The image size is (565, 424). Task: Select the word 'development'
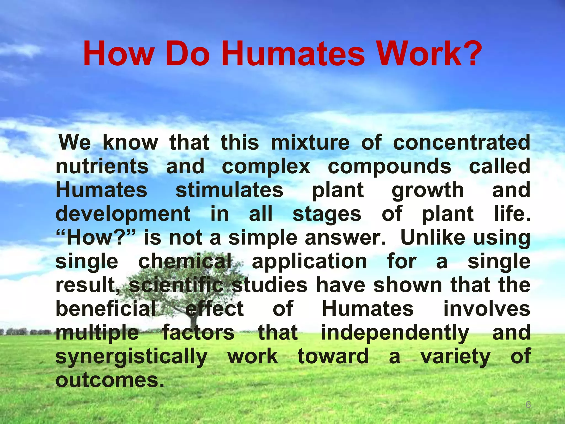point(123,214)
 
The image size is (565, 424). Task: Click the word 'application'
point(309,262)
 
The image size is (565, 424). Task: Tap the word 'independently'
point(395,333)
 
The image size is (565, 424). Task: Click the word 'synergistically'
point(131,357)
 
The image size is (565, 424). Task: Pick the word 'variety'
point(455,357)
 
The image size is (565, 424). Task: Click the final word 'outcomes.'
point(110,380)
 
